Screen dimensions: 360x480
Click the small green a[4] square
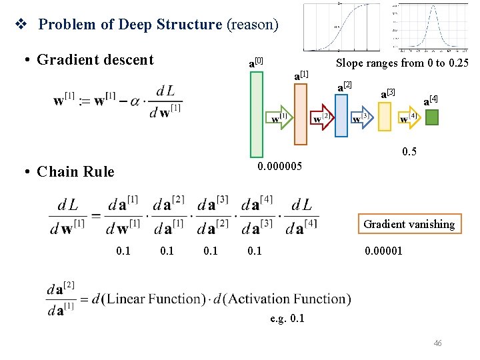(x=432, y=118)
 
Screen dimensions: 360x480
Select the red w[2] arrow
(x=323, y=118)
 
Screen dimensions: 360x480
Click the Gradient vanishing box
(x=409, y=224)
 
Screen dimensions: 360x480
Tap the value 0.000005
(x=279, y=165)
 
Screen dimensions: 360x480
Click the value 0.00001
(x=383, y=251)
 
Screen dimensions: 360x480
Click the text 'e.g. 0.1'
(x=287, y=318)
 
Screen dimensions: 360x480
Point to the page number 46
(x=437, y=343)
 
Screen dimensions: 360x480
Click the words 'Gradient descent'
(x=95, y=60)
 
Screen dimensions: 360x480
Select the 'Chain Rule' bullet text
(x=75, y=171)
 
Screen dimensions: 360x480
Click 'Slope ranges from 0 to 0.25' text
(x=402, y=63)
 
